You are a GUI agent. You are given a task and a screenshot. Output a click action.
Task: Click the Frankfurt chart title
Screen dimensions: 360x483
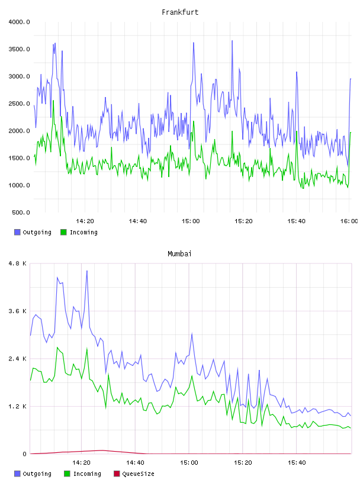tap(180, 12)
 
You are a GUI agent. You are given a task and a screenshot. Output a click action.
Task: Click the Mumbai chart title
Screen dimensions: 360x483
tap(179, 254)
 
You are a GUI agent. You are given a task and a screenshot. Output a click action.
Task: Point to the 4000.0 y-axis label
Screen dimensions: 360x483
tap(19, 22)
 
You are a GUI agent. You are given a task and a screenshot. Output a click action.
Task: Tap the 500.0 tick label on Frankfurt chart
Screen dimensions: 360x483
tap(21, 212)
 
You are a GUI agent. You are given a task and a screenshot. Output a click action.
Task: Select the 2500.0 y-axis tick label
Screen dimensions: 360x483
tap(19, 104)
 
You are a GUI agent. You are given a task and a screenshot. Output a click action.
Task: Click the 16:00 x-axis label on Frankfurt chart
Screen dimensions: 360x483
tap(349, 221)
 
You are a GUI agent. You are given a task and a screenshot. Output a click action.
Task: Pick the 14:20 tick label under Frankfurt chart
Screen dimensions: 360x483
tap(85, 221)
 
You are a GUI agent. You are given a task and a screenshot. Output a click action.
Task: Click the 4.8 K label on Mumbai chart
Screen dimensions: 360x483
tap(18, 263)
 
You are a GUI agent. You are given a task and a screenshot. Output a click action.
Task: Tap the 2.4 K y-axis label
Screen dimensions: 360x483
tap(18, 359)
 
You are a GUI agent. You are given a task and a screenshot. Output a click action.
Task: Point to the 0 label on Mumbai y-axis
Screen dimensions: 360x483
tap(24, 454)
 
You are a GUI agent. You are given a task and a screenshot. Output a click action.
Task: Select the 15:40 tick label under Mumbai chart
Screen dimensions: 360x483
tap(297, 463)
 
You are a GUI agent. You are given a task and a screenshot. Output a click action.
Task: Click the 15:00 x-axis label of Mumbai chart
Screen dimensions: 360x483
tap(189, 463)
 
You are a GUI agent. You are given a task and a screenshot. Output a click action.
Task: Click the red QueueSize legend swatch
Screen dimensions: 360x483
tap(117, 474)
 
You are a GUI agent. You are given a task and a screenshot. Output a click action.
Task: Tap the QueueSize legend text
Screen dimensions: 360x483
tap(138, 474)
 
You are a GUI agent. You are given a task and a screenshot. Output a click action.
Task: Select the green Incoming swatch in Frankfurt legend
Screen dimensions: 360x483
tap(63, 232)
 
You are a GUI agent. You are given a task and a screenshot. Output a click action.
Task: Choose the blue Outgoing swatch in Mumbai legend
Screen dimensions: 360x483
tap(17, 474)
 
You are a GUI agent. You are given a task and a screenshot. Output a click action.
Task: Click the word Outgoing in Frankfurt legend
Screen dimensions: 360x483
tap(37, 233)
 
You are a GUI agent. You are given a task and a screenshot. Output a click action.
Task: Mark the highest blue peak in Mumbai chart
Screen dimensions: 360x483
tap(87, 271)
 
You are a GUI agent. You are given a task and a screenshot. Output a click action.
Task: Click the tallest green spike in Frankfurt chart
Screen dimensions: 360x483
tap(53, 101)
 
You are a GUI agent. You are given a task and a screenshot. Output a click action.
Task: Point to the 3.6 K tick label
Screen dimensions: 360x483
tap(18, 311)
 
